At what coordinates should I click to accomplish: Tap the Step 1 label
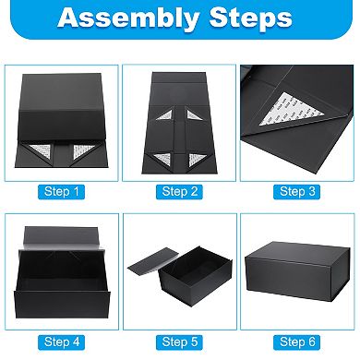61,191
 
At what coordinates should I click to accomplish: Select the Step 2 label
180,191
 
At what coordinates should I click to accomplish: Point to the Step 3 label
298,191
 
